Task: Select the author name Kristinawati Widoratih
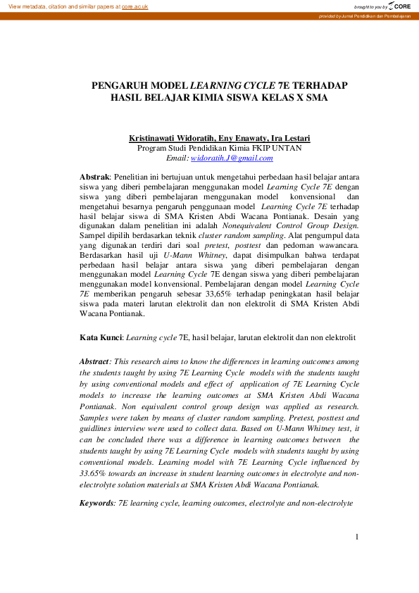click(171, 139)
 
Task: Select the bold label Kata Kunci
click(100, 338)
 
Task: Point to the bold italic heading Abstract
click(95, 361)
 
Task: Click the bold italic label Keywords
click(96, 504)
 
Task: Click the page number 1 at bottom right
click(357, 537)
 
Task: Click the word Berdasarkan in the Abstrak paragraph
click(103, 258)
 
